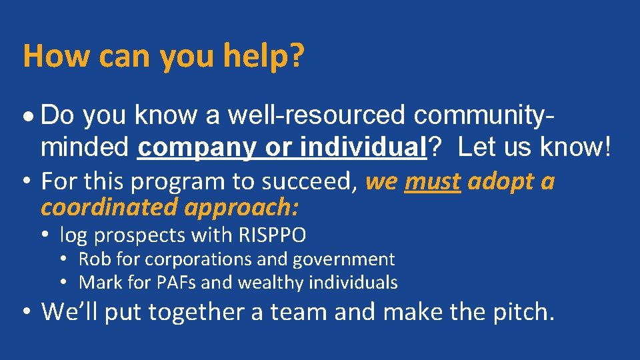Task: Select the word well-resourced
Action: point(317,116)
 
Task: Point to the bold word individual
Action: point(363,148)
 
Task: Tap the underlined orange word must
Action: point(433,181)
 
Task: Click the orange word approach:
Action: point(241,207)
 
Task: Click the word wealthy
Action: point(272,282)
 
